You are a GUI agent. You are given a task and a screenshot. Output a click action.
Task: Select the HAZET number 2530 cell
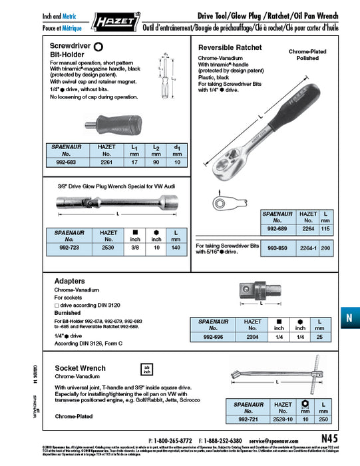(108, 247)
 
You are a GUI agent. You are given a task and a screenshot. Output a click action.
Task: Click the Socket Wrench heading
(80, 368)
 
